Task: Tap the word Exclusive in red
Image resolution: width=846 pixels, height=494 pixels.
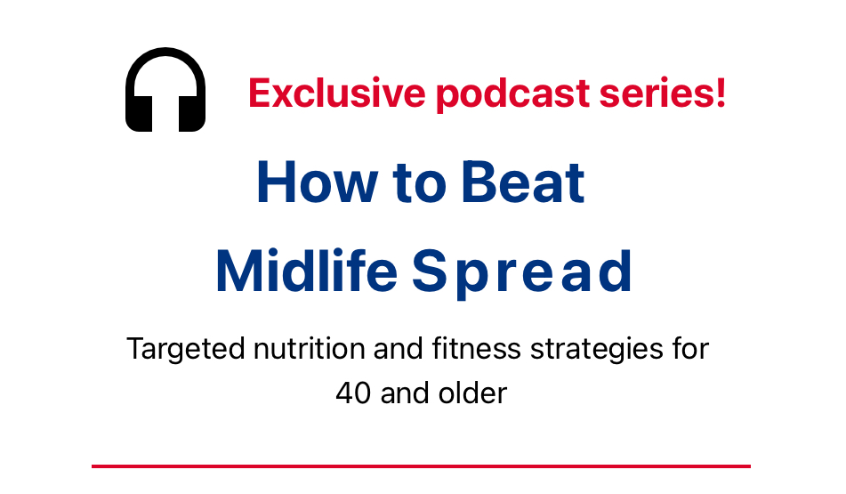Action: tap(336, 93)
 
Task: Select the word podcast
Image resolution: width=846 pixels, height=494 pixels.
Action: tap(512, 94)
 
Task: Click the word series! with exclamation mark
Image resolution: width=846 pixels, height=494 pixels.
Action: tap(663, 93)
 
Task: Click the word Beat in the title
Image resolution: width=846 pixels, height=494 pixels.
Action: tap(523, 182)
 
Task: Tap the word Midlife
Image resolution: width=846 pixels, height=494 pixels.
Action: tap(306, 271)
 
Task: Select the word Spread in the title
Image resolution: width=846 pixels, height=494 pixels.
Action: tap(521, 272)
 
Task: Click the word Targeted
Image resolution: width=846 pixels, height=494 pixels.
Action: tap(186, 349)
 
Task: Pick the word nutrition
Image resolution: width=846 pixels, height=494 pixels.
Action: tap(310, 348)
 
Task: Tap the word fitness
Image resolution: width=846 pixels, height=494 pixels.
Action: tap(477, 348)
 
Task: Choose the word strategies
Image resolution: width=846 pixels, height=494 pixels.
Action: tap(597, 349)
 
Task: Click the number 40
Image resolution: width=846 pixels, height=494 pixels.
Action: tap(353, 393)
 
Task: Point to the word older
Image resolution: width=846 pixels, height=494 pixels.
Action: tap(472, 393)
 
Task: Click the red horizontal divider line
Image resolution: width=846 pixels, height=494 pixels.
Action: tap(421, 466)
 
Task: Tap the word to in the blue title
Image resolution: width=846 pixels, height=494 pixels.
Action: tap(420, 183)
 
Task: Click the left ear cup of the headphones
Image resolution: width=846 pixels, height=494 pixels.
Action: tap(139, 112)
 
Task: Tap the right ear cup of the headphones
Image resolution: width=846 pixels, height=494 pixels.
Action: tap(192, 112)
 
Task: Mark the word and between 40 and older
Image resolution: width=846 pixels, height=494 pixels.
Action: tap(405, 393)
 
